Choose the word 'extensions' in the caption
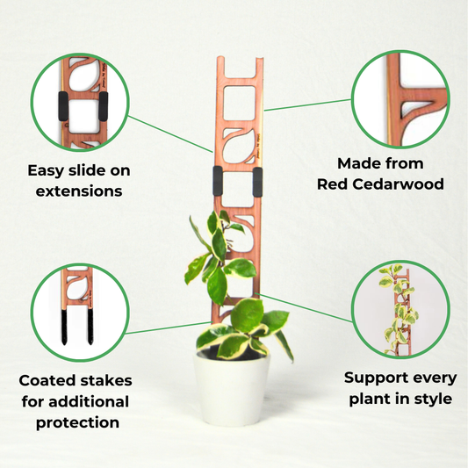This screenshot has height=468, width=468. [75, 191]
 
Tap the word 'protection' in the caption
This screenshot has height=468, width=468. [76, 422]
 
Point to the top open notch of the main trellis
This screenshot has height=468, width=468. [234, 61]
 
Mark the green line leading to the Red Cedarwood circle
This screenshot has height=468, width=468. [307, 104]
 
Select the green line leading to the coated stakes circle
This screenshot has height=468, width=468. [167, 328]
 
